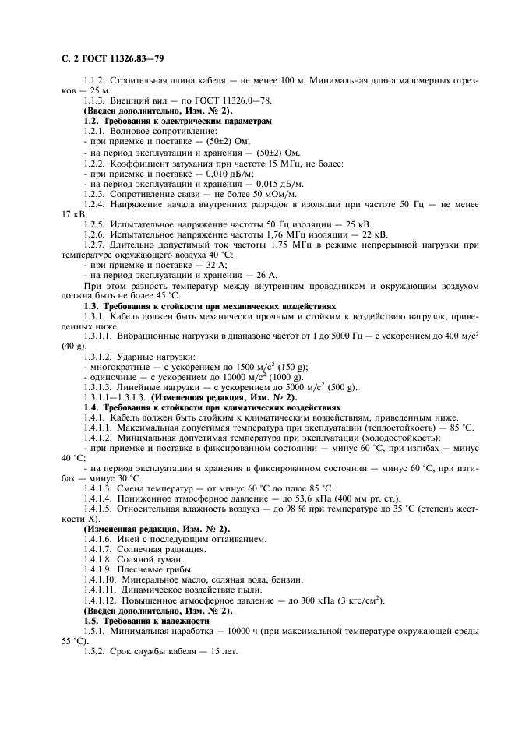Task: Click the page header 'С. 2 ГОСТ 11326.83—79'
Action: coord(111,59)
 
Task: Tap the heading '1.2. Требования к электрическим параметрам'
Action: coord(178,121)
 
